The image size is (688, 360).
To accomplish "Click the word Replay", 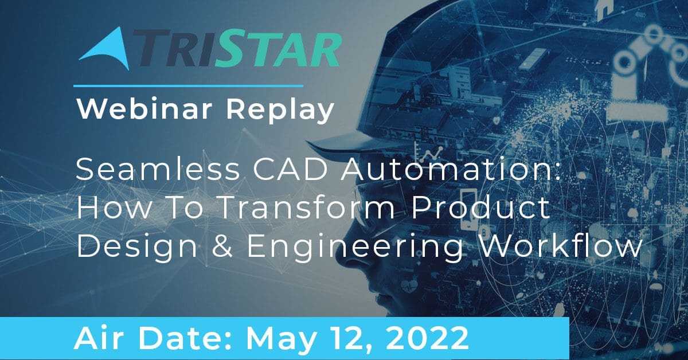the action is tap(280, 111).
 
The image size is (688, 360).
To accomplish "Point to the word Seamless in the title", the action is tap(158, 170).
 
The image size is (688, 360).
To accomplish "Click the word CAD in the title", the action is tap(290, 170).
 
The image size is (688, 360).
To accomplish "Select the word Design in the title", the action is tap(136, 247).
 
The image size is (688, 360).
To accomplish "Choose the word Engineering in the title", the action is tap(355, 247).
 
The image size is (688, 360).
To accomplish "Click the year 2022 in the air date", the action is tap(427, 339).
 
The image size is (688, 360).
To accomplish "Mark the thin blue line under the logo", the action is tap(188, 86).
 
